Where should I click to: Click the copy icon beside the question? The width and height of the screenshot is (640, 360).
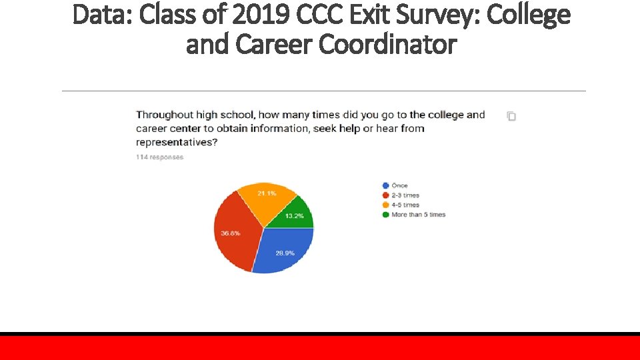511,116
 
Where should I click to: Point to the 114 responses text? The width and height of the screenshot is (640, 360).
159,157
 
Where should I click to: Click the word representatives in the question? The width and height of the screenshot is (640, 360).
176,142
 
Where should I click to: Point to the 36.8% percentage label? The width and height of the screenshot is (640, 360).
231,233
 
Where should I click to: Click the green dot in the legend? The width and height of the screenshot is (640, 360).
385,215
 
